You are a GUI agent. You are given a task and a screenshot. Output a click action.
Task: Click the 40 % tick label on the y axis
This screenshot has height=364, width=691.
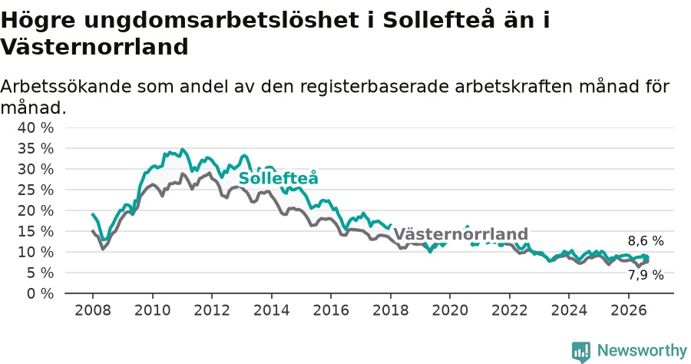tap(35, 127)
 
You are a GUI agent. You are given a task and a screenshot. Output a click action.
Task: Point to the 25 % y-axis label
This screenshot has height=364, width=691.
tap(35, 190)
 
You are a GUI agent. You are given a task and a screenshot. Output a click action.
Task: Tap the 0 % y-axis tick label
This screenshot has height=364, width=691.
tap(40, 293)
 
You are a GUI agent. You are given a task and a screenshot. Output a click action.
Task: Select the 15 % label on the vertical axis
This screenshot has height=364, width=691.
tap(35, 231)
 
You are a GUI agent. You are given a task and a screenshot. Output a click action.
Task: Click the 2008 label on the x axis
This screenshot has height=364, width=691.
tap(93, 310)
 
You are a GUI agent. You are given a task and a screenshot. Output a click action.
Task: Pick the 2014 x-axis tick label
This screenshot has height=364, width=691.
tap(272, 310)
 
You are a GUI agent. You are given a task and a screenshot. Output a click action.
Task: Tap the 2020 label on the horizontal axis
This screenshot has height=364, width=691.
tap(450, 310)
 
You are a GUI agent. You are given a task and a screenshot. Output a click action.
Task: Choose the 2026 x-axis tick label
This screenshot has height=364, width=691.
tap(628, 310)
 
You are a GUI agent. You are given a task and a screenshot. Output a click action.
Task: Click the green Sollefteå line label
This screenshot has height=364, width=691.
tap(278, 178)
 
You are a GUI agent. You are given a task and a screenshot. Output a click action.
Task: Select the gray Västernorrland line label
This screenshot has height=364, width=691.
tap(461, 233)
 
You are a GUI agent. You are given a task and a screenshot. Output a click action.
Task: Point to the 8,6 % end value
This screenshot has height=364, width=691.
tap(646, 241)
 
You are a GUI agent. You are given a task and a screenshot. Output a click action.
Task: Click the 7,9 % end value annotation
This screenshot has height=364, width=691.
tap(646, 275)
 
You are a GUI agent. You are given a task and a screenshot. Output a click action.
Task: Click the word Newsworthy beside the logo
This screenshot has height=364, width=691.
tap(642, 351)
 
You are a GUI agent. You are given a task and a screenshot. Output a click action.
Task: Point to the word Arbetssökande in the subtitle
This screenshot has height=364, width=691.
tap(66, 86)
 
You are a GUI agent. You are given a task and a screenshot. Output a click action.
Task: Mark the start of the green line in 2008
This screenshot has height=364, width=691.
tap(92, 213)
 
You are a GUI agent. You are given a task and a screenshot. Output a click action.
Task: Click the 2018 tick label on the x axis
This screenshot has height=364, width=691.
tap(391, 310)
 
